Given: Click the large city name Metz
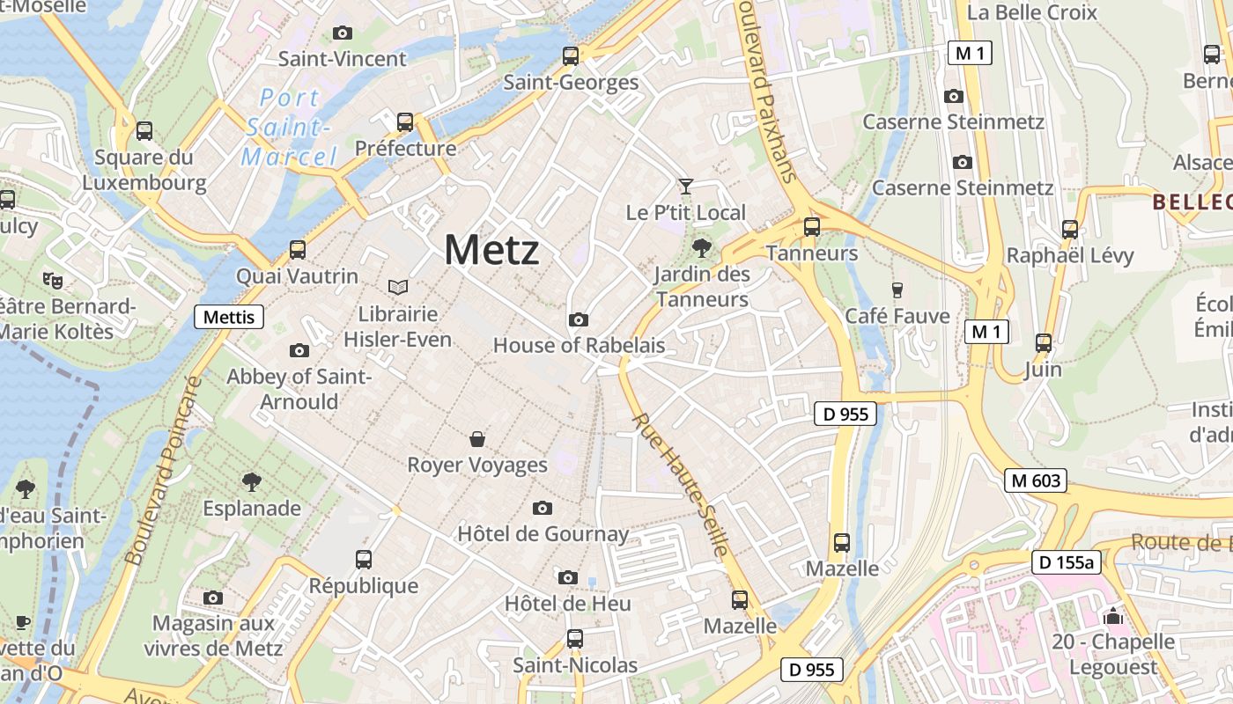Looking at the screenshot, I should (x=491, y=250).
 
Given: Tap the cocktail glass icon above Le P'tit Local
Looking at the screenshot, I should (x=685, y=187).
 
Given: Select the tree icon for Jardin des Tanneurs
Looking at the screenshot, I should (x=702, y=247).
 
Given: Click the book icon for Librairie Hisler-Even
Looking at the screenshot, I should (x=398, y=287).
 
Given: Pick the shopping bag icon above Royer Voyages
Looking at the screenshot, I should (x=477, y=438).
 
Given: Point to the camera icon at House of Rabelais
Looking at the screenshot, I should (x=579, y=319).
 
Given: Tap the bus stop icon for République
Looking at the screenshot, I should (x=364, y=559).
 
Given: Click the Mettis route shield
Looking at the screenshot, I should (x=229, y=317).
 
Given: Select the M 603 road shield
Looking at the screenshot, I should (x=1036, y=480).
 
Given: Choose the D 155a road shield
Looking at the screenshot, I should (x=1067, y=562).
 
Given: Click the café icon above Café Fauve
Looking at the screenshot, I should (x=897, y=290).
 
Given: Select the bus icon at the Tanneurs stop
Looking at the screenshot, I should (x=812, y=227).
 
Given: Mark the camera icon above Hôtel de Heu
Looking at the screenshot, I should (x=568, y=577).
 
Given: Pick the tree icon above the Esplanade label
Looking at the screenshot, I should (x=252, y=481).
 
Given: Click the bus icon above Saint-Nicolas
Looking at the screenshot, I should (x=575, y=638).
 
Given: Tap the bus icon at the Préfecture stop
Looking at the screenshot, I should (x=405, y=122).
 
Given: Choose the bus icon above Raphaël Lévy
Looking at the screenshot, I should (x=1070, y=230).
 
